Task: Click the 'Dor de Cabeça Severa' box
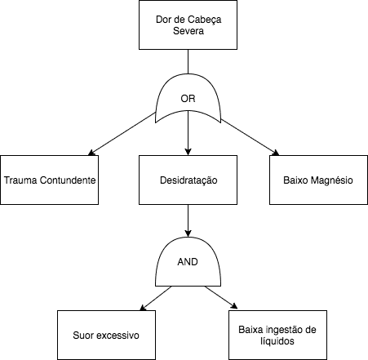pos(188,24)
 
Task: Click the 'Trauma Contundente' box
pos(49,180)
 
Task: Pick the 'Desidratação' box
pos(188,180)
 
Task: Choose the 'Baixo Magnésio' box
pos(318,180)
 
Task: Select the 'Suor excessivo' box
pos(106,335)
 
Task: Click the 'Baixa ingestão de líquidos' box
pos(277,335)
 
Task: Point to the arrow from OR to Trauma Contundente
pos(122,134)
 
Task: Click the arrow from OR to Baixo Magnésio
pos(250,137)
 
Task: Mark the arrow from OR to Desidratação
pos(188,133)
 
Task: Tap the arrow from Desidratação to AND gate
pos(188,220)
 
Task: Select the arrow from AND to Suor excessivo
pos(156,298)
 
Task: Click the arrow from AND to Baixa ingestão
pos(221,297)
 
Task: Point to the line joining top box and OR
pos(188,61)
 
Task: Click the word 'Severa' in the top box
pos(188,31)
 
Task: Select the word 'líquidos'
pos(277,341)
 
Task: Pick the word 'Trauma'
pos(20,180)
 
